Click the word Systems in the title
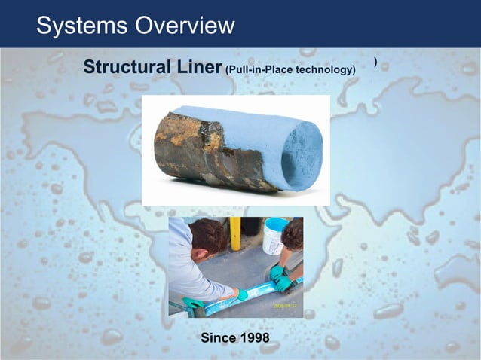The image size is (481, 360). (x=81, y=26)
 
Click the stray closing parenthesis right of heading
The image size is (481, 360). (x=375, y=60)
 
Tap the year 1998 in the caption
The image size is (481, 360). (x=254, y=338)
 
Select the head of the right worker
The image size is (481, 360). (x=293, y=235)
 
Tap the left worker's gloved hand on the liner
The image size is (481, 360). (x=240, y=294)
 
